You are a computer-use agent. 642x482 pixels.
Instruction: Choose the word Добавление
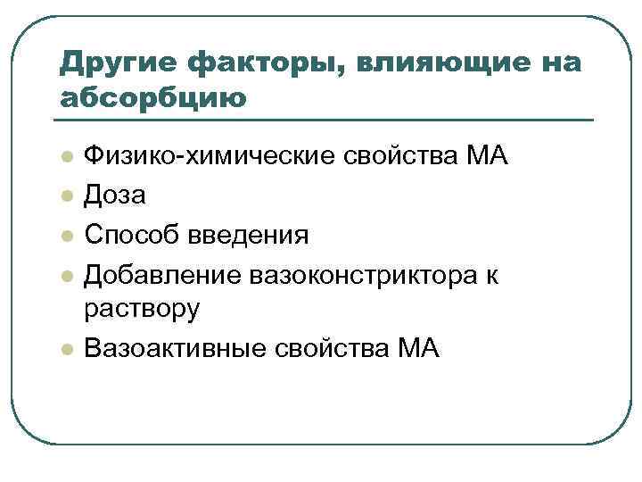tap(152, 276)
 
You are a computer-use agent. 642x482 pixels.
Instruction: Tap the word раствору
tap(142, 309)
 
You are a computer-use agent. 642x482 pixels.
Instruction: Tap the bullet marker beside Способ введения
tap(65, 237)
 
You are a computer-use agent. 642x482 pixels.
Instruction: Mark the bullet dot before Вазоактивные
tap(65, 348)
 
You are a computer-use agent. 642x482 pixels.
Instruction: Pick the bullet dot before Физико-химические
tap(65, 158)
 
